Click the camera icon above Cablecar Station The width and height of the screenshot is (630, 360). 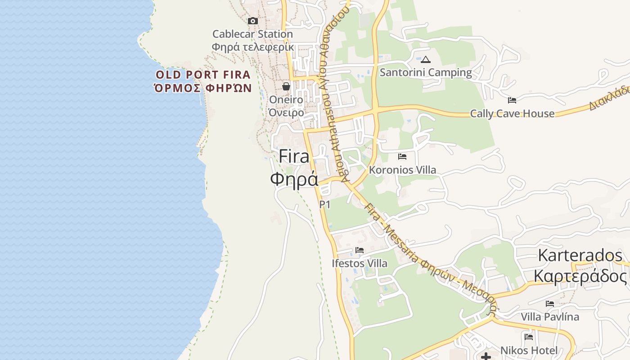(253, 21)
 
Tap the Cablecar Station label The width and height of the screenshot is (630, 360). (252, 34)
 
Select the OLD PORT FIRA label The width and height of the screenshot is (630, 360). (203, 75)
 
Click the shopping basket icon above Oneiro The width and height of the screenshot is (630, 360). (286, 86)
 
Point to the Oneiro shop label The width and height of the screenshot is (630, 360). (286, 99)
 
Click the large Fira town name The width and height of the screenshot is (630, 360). (294, 156)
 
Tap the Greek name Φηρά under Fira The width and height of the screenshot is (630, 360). (294, 179)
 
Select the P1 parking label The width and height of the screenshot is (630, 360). (325, 205)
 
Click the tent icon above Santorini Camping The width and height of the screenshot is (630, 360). (426, 59)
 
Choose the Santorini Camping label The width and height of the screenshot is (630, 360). (426, 72)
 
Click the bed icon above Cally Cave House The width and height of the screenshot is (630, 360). (512, 100)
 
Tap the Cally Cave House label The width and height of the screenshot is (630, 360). (512, 113)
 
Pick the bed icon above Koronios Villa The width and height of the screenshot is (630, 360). (402, 157)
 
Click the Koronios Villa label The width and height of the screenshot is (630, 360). (402, 170)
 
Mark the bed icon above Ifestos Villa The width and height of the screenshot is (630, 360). (359, 250)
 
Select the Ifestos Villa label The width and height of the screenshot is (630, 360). (359, 263)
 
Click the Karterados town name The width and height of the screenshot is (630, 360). (580, 256)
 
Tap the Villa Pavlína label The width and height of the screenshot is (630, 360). (550, 317)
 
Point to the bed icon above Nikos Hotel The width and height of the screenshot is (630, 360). (529, 337)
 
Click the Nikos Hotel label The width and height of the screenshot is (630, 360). (529, 350)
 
